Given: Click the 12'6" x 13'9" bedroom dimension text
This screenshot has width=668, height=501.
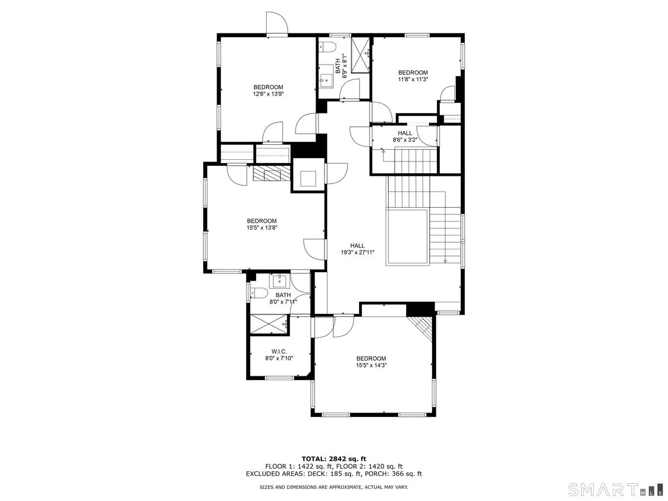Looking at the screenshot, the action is (x=268, y=94).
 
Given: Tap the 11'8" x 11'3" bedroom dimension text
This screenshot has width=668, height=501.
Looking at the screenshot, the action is (x=413, y=80).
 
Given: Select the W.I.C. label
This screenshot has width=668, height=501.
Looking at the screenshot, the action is (x=279, y=351).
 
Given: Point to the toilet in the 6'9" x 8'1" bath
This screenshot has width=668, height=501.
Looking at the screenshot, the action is (x=327, y=47).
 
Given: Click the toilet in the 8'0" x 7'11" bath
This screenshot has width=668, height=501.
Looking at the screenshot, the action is (x=258, y=293).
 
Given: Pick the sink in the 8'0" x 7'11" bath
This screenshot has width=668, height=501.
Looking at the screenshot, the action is (x=278, y=281).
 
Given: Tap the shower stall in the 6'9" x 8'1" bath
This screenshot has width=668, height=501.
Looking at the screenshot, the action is (x=360, y=55).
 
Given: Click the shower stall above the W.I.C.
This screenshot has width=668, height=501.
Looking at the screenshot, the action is (x=269, y=325).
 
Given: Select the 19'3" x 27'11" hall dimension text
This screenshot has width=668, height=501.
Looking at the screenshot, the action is (x=357, y=252).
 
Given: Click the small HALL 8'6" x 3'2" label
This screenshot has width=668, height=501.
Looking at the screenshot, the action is (x=405, y=136).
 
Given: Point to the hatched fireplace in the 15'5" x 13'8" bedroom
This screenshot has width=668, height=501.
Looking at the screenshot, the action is (x=272, y=174).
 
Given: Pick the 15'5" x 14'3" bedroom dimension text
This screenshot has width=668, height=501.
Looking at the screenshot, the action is (x=371, y=365).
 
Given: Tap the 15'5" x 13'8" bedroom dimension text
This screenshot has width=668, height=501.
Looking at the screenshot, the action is (x=262, y=228).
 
